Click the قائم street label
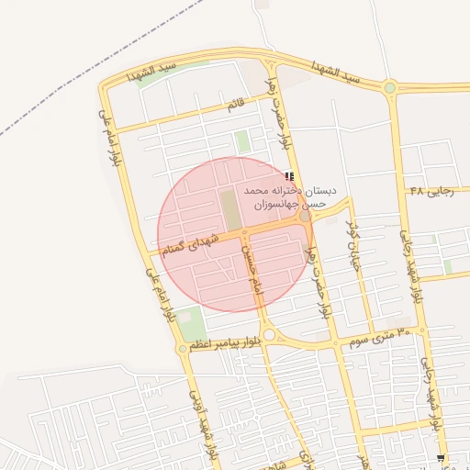236,106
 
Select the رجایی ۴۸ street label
431,191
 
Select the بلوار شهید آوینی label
201,421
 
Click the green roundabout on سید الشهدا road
390,88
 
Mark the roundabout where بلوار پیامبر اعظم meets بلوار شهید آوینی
183,349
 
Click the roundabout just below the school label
305,217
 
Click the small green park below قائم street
242,141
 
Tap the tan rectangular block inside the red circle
229,210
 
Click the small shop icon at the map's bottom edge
442,457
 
